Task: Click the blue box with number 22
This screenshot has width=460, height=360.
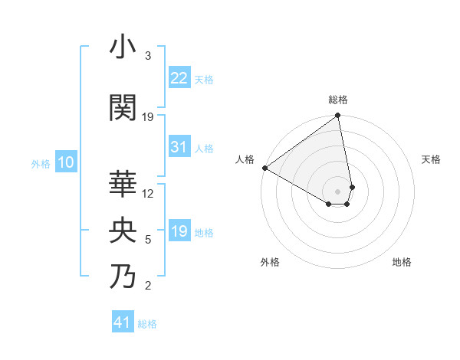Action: point(179,78)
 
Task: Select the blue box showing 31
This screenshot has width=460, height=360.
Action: point(179,147)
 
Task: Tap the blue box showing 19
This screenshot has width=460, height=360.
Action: point(179,231)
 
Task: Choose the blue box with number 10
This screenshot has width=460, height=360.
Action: point(65,162)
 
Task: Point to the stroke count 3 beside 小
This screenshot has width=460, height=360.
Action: point(148,56)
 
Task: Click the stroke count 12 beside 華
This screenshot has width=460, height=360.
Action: point(148,194)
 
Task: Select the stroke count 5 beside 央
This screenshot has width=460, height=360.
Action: point(148,240)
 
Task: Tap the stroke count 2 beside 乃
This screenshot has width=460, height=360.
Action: point(148,286)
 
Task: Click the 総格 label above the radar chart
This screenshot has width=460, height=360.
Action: point(338,100)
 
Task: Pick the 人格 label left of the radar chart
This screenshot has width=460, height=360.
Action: point(245,159)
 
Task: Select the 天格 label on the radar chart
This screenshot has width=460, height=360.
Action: point(431,159)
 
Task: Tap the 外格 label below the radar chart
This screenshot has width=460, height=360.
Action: point(270,262)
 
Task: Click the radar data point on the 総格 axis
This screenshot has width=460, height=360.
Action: point(338,116)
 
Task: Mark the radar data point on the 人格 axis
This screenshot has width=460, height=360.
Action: point(264,168)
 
